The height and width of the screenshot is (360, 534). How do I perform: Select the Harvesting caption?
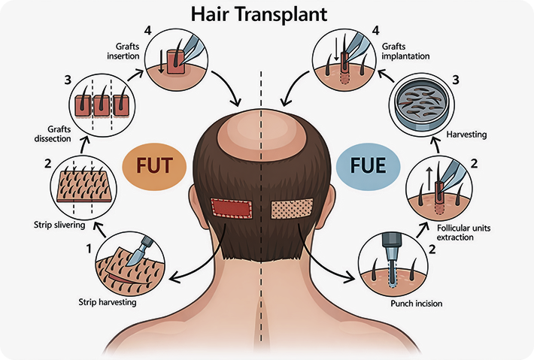[x=467, y=135]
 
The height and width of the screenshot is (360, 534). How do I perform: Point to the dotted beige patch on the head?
[x=292, y=207]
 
